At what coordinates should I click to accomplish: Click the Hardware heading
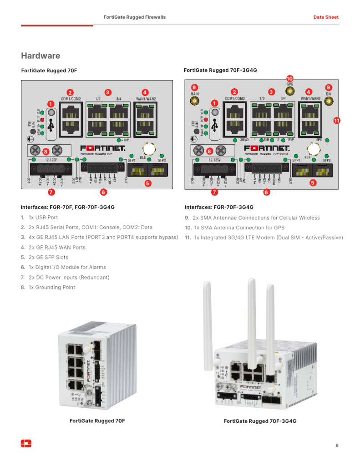pyautogui.click(x=41, y=56)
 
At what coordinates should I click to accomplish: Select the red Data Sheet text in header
pyautogui.click(x=326, y=17)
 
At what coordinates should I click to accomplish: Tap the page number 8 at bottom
pyautogui.click(x=337, y=445)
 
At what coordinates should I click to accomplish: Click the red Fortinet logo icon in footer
pyautogui.click(x=26, y=443)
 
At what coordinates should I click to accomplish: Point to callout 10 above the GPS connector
pyautogui.click(x=289, y=78)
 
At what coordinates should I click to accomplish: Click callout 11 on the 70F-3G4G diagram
pyautogui.click(x=337, y=121)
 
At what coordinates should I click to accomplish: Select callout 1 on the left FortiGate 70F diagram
pyautogui.click(x=51, y=104)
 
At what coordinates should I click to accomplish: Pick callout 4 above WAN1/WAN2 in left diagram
pyautogui.click(x=145, y=92)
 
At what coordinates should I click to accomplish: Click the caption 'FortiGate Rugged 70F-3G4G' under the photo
pyautogui.click(x=260, y=421)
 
